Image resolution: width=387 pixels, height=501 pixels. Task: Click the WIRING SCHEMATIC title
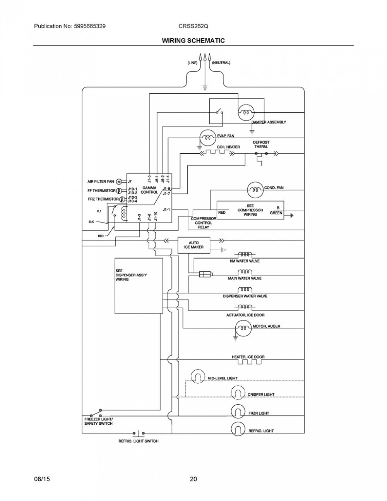pos(193,41)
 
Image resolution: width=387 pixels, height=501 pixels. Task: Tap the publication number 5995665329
pos(90,26)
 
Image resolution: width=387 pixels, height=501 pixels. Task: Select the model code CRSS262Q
pos(193,26)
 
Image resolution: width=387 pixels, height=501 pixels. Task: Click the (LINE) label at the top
pos(192,63)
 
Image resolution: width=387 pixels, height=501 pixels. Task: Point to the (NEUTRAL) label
pos(221,63)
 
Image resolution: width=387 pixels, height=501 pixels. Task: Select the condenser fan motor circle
pos(255,190)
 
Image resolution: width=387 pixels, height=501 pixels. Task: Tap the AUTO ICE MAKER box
pos(194,245)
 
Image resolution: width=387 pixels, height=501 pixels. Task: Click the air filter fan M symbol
pos(119,182)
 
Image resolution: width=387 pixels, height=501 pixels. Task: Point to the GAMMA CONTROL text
pos(149,190)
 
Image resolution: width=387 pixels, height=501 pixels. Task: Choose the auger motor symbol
pos(243,328)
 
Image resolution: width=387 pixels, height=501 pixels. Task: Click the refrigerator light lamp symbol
pos(238,429)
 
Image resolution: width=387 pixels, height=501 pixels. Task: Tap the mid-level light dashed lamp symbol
pos(198,376)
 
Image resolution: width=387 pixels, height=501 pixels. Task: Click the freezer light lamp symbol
pos(238,412)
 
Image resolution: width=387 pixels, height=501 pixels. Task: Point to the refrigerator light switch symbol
pos(139,433)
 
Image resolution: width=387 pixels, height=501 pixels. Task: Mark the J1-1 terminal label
pos(166,209)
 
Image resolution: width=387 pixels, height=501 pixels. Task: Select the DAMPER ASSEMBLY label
pos(269,122)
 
